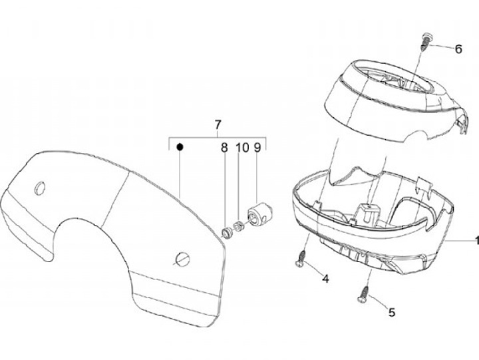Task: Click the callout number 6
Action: [458, 49]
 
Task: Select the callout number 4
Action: [325, 278]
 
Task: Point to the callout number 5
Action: [391, 311]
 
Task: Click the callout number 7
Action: [217, 124]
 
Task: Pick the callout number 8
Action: [224, 147]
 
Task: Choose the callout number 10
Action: [241, 147]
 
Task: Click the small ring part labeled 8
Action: [228, 231]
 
